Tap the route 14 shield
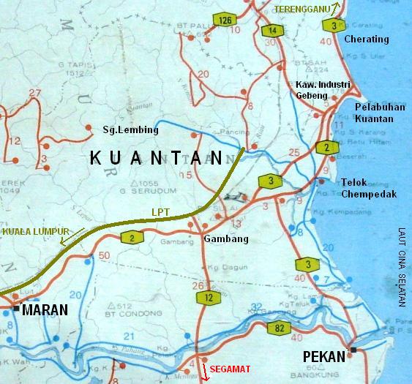pos(271,30)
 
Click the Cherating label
pos(365,38)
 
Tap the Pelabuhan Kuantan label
pos(380,113)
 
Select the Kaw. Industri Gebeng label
pos(323,91)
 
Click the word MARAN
pos(45,310)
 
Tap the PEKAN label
pos(323,358)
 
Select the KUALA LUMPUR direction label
pos(31,231)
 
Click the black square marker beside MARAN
pos(16,309)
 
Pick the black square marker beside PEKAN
pos(354,350)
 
